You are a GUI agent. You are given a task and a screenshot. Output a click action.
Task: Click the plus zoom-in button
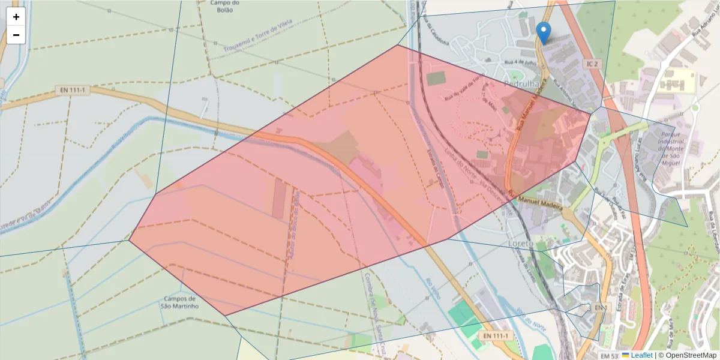(x=16, y=17)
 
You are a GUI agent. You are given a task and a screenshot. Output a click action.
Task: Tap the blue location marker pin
(x=543, y=32)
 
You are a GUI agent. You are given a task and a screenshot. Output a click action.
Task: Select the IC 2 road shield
(x=593, y=64)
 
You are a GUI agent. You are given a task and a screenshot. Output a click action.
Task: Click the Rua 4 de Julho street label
(x=520, y=62)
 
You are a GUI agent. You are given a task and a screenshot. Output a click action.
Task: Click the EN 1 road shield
(x=601, y=308)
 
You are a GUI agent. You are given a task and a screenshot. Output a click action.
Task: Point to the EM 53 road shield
(x=609, y=355)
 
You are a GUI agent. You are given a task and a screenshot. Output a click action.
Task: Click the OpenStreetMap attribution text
(x=690, y=355)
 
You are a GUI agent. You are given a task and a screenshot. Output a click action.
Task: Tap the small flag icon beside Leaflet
(x=625, y=355)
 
